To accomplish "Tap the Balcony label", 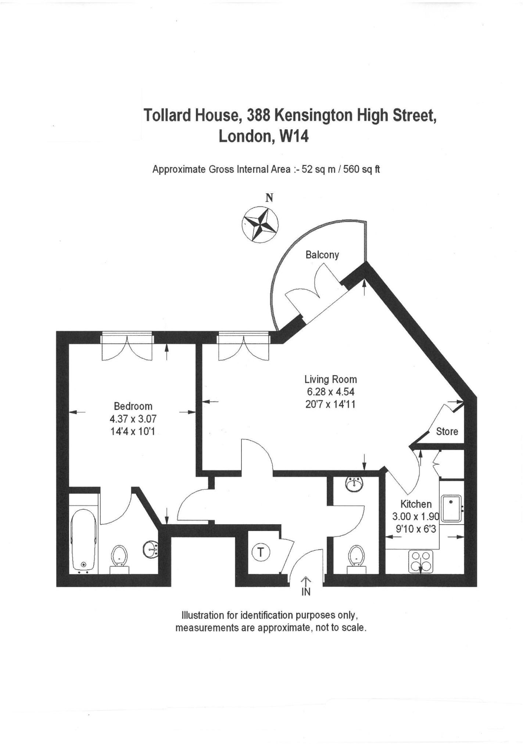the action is (x=322, y=255).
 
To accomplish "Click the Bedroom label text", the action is (x=133, y=406).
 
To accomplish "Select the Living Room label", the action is (x=330, y=379).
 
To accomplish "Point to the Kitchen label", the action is (x=416, y=504).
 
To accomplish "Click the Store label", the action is (x=447, y=431).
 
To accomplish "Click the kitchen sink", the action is (x=452, y=508).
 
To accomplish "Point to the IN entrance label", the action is (x=306, y=592).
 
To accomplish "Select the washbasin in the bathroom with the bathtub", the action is (x=150, y=549).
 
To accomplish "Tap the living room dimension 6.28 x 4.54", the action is (x=330, y=392).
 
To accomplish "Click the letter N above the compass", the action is (x=269, y=198).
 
